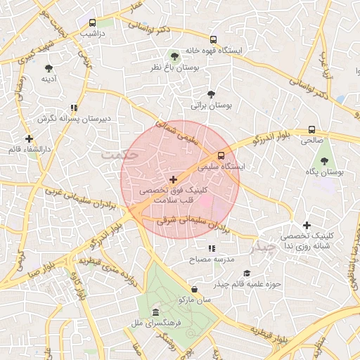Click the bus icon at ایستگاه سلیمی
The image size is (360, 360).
(x=221, y=155)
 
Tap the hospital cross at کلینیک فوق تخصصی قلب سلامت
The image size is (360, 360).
(x=174, y=180)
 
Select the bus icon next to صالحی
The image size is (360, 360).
(x=311, y=129)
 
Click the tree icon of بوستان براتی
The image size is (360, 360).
(x=212, y=94)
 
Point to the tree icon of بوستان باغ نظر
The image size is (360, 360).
(x=174, y=56)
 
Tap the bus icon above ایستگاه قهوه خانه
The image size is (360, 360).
(x=214, y=39)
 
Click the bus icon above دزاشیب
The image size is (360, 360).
(x=93, y=22)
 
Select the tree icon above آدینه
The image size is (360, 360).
(x=49, y=68)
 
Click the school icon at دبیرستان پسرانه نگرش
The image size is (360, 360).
(x=73, y=108)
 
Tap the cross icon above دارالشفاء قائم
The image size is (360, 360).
(x=29, y=139)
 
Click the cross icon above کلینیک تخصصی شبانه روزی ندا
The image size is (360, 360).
(x=307, y=225)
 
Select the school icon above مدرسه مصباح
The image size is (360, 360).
(x=212, y=248)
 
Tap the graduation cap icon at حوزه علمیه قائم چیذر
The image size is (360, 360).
(x=246, y=273)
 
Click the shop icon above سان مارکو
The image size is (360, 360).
(x=194, y=288)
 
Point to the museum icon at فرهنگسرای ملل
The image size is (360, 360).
(x=155, y=312)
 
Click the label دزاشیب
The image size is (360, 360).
(x=92, y=33)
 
